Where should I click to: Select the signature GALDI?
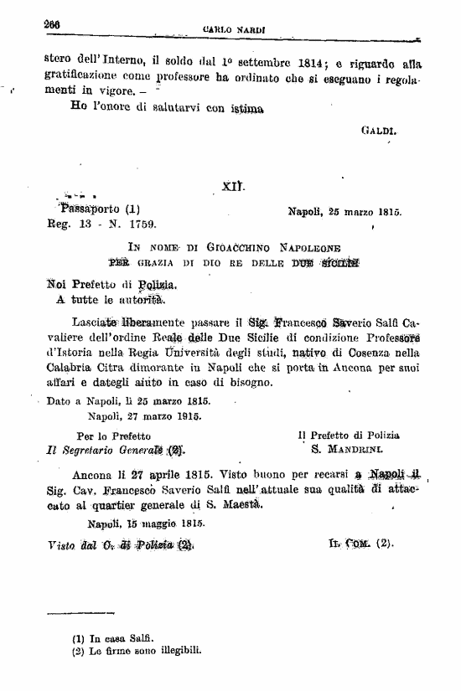[379, 131]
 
